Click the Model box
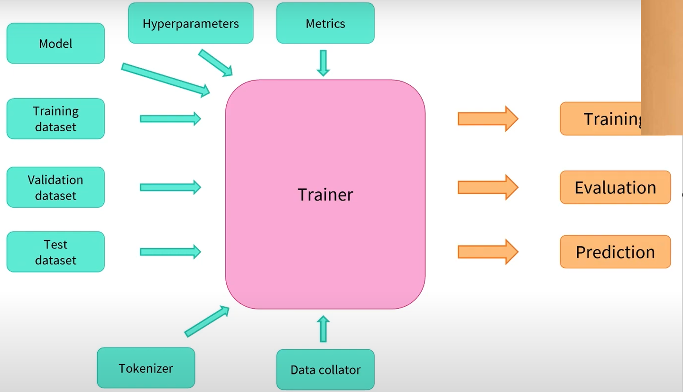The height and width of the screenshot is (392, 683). pyautogui.click(x=55, y=44)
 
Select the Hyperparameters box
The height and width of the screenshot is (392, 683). pyautogui.click(x=191, y=23)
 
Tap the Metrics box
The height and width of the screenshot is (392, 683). pyautogui.click(x=325, y=23)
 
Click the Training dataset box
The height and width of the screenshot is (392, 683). pyautogui.click(x=55, y=119)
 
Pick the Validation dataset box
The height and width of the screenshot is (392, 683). pyautogui.click(x=55, y=187)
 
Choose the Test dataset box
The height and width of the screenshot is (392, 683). pyautogui.click(x=55, y=252)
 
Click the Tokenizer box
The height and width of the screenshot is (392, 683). pyautogui.click(x=146, y=368)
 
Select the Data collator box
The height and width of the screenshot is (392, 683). pyautogui.click(x=325, y=370)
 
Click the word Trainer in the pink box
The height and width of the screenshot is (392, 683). pyautogui.click(x=325, y=194)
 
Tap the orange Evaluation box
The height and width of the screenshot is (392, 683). pyautogui.click(x=615, y=188)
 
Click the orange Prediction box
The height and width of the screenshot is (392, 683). pyautogui.click(x=615, y=252)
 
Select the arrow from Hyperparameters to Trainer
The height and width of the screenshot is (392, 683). pyautogui.click(x=215, y=62)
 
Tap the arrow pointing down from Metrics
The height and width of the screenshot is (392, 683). pyautogui.click(x=323, y=63)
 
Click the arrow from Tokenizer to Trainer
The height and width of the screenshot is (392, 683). pyautogui.click(x=207, y=321)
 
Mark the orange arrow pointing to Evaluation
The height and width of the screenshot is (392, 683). pyautogui.click(x=488, y=187)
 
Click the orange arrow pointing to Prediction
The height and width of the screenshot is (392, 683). pyautogui.click(x=488, y=252)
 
